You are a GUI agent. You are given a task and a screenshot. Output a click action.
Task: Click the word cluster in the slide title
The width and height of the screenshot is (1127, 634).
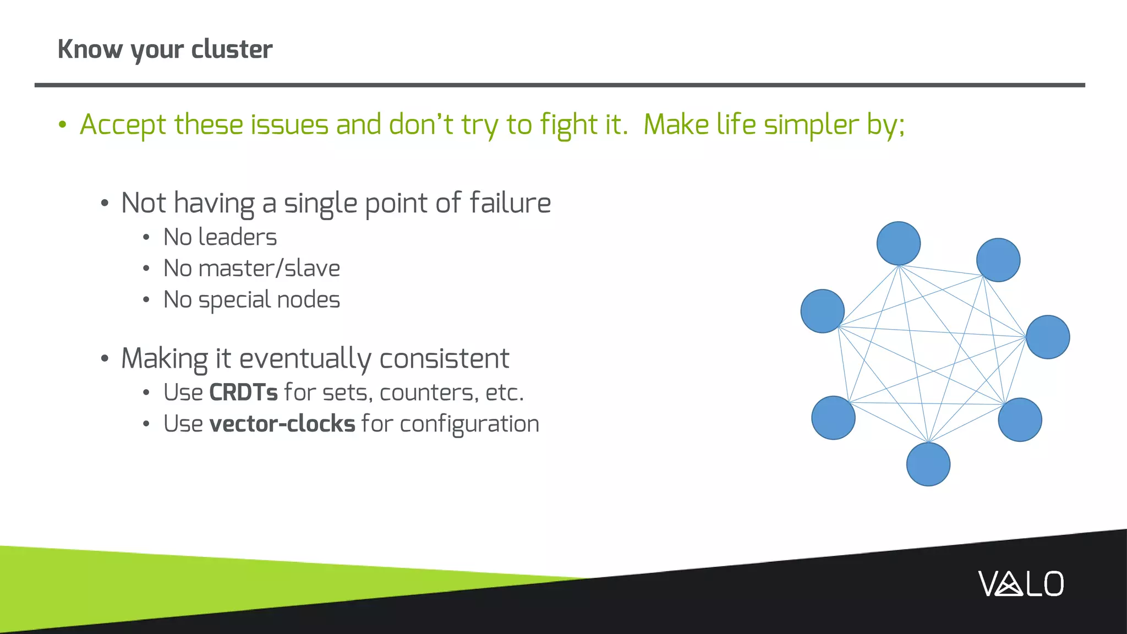point(232,49)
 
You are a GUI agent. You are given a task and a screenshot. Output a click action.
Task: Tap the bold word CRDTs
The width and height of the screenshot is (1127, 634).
point(243,392)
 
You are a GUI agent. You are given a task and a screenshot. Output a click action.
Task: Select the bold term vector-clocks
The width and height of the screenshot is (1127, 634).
point(282,424)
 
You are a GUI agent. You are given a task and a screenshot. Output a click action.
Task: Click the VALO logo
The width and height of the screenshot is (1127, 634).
point(1021,584)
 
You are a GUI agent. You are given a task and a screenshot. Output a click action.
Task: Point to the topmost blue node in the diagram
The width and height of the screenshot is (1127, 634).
point(898,243)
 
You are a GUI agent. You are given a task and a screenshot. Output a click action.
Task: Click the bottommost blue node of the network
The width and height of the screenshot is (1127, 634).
point(928,464)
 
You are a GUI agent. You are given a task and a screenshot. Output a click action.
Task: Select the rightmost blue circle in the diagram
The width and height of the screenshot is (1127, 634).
point(1048,337)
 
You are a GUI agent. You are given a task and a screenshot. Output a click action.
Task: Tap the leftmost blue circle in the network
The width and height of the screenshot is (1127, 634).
point(822,311)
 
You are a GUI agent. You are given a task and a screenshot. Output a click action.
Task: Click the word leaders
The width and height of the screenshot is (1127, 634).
point(237,237)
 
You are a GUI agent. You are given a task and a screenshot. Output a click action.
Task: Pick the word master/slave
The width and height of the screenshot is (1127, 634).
point(269,269)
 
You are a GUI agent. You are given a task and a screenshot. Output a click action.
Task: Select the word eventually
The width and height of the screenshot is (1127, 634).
point(305,358)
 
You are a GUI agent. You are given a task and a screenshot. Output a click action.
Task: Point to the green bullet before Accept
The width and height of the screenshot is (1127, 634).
point(62,125)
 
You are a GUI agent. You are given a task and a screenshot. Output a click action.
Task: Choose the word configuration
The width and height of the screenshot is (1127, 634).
point(469,424)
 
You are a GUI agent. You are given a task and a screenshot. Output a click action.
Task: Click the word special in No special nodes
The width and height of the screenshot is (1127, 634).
point(234,300)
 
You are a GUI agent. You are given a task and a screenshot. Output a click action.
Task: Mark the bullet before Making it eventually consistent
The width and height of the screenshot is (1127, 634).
point(105,359)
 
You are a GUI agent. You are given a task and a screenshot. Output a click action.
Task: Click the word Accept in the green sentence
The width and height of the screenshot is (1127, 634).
point(123,124)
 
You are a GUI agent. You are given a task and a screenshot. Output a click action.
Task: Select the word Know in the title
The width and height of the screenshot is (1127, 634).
point(90,49)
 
